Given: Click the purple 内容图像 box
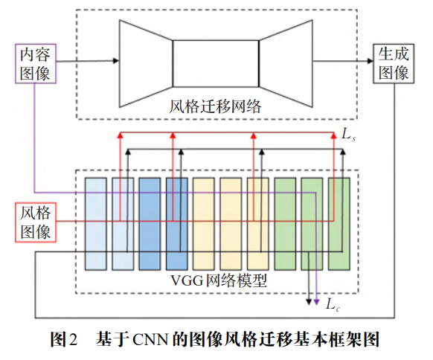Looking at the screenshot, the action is click(36, 63).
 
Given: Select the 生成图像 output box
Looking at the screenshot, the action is click(394, 63).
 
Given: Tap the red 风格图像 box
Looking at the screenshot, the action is click(36, 222).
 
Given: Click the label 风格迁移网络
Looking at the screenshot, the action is click(215, 106).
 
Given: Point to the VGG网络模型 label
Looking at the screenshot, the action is click(219, 280).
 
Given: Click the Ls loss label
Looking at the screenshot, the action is click(348, 135).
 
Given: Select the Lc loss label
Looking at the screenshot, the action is click(333, 304).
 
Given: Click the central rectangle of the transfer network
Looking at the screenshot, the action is click(216, 64).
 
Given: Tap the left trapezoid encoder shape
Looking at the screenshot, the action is click(146, 63).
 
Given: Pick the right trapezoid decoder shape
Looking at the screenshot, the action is click(286, 63).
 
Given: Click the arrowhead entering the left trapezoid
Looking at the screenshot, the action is click(116, 61).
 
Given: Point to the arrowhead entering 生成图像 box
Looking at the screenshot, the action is click(370, 61).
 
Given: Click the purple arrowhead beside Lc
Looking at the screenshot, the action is click(316, 302).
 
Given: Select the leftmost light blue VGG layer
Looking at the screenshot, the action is click(95, 224).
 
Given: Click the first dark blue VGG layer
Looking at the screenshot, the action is click(150, 224).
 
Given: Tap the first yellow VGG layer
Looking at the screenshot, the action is click(204, 224).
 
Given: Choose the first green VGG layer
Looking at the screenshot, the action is click(285, 224).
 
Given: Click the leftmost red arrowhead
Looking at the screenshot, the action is click(120, 135).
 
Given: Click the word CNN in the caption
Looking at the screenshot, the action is click(150, 339).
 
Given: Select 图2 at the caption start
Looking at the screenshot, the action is click(64, 339).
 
